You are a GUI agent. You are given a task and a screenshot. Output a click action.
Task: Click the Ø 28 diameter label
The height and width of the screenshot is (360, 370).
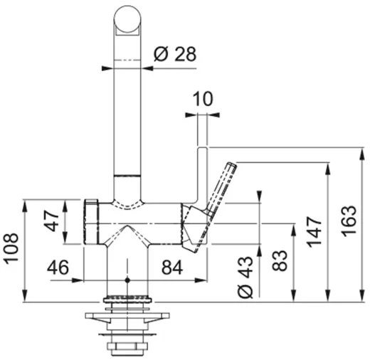[x=174, y=53]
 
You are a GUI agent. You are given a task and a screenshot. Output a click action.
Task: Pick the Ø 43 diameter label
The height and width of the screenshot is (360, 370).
[x=245, y=275]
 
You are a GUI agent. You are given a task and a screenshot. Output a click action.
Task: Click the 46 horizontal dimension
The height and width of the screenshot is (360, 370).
[x=58, y=268]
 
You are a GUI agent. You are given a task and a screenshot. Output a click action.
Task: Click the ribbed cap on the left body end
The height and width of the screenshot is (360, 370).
[x=90, y=221]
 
